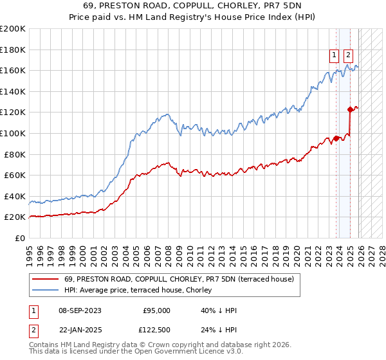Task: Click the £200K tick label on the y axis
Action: [x=12, y=29]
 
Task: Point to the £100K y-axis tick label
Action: [x=12, y=134]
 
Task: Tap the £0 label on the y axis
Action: [x=19, y=239]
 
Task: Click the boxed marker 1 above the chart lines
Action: [x=335, y=55]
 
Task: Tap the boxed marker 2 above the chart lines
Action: [x=349, y=55]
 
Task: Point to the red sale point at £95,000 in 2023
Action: [x=336, y=138]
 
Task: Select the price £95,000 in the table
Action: [x=156, y=310]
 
